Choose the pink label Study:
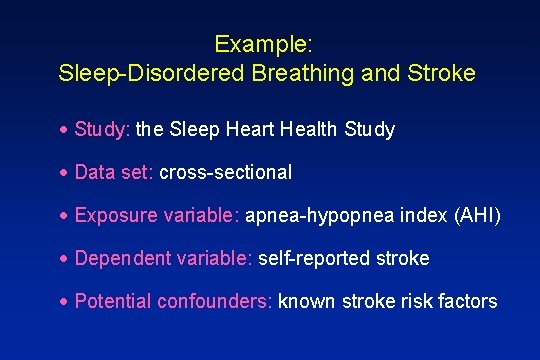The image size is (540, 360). click(102, 130)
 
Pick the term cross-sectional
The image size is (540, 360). click(226, 173)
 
